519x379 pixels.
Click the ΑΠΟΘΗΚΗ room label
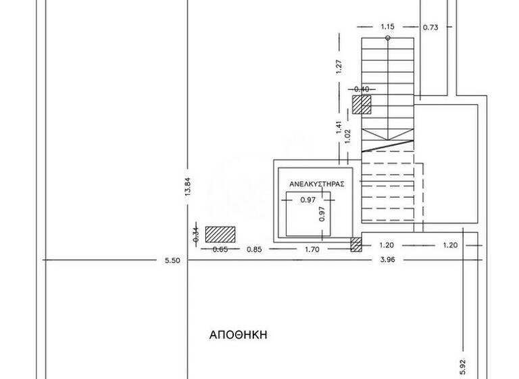[x=240, y=335]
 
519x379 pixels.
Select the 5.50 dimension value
[x=172, y=261]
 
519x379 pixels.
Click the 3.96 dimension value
[x=388, y=261]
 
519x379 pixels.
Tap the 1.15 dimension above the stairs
[x=387, y=27]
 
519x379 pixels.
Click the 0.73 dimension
[x=431, y=27]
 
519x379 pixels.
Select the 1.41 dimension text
[x=339, y=127]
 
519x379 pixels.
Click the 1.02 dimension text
[x=348, y=133]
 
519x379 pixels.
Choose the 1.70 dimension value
[x=312, y=249]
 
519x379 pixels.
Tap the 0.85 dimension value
[x=254, y=249]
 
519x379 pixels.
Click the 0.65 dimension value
[x=220, y=249]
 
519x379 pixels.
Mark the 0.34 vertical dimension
[x=196, y=235]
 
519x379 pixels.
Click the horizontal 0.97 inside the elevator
[x=307, y=200]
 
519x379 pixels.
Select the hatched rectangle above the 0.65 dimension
[x=220, y=234]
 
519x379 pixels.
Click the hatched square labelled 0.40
[x=362, y=104]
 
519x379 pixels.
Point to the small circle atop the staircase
[x=387, y=39]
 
